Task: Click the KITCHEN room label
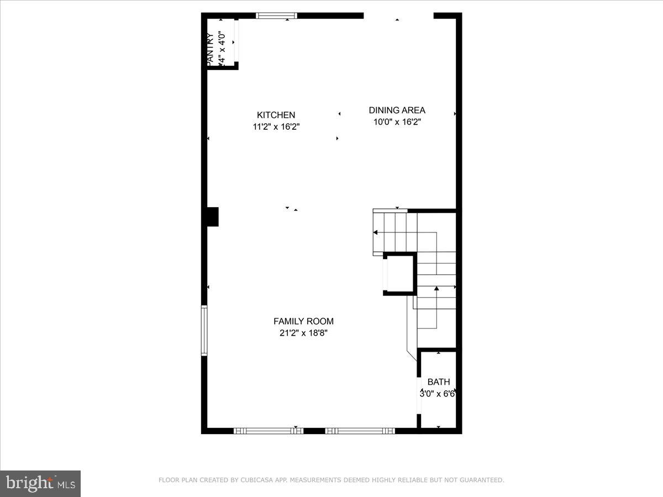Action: [276, 115]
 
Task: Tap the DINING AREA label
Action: [397, 110]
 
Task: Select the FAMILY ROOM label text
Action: [303, 321]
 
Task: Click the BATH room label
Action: [439, 382]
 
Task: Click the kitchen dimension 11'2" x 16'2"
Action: [276, 127]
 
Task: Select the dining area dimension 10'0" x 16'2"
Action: [397, 122]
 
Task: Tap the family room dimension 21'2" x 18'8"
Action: [303, 333]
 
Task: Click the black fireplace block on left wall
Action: [212, 216]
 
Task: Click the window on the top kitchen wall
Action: [276, 16]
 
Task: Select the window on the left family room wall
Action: [204, 330]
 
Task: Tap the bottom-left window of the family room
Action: [269, 431]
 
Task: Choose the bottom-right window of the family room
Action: [360, 431]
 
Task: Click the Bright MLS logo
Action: [40, 483]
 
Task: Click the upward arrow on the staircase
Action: [436, 288]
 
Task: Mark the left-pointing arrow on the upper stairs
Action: [376, 233]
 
